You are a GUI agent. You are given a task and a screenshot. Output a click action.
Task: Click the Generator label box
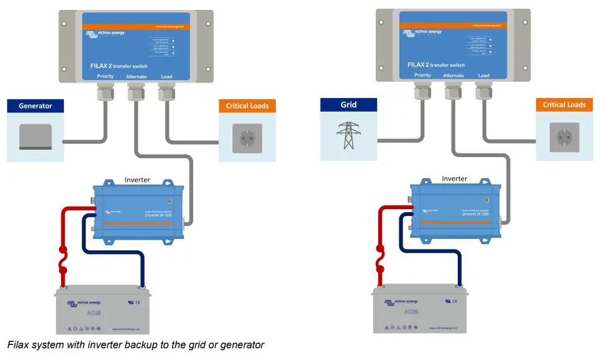click(x=35, y=106)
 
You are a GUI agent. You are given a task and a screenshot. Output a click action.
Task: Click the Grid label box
click(x=348, y=105)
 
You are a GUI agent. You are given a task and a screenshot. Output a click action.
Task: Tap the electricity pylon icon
click(x=348, y=135)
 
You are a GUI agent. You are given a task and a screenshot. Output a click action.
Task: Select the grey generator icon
click(x=35, y=137)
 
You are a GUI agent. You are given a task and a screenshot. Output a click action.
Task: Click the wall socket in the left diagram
click(x=247, y=137)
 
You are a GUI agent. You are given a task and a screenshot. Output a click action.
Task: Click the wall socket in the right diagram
click(x=564, y=136)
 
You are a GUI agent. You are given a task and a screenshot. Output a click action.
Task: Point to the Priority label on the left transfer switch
click(x=106, y=76)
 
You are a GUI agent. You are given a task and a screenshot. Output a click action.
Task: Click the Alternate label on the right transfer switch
click(x=453, y=76)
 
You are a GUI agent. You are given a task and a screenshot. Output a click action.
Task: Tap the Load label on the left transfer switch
click(x=166, y=76)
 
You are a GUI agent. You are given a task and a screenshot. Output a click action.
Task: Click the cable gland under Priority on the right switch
click(x=423, y=92)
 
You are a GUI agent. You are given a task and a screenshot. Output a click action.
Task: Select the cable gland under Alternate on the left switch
click(x=136, y=94)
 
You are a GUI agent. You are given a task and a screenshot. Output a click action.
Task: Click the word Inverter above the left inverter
click(x=137, y=180)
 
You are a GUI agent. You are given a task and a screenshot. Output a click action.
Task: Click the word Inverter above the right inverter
click(x=454, y=179)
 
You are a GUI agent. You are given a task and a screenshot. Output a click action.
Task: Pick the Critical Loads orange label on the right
click(x=564, y=105)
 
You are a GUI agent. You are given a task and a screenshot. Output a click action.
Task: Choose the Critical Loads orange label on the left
click(x=247, y=106)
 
